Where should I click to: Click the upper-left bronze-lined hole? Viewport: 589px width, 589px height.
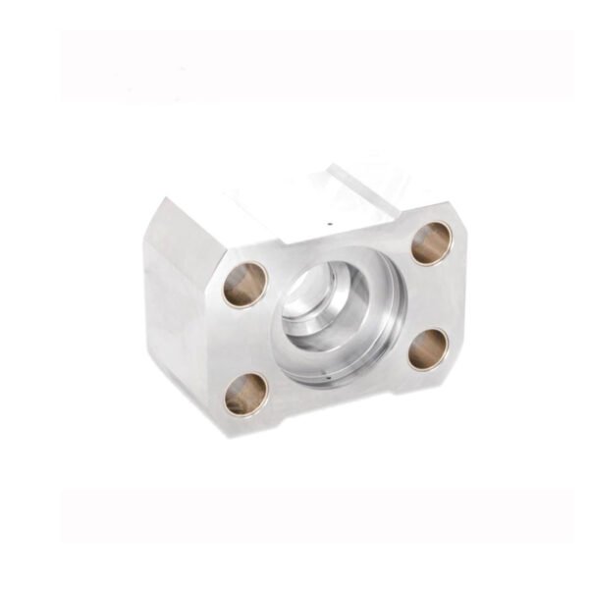(245, 285)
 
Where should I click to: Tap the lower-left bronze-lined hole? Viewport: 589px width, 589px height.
(245, 394)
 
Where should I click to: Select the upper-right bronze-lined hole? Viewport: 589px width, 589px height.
(431, 242)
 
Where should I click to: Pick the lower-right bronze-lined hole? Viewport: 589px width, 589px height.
(428, 348)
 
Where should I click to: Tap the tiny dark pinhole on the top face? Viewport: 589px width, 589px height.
(330, 224)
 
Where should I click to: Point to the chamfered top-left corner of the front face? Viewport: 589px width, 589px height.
(212, 257)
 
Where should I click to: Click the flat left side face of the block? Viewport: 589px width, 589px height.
(177, 304)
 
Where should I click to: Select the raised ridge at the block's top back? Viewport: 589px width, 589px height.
(363, 187)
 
